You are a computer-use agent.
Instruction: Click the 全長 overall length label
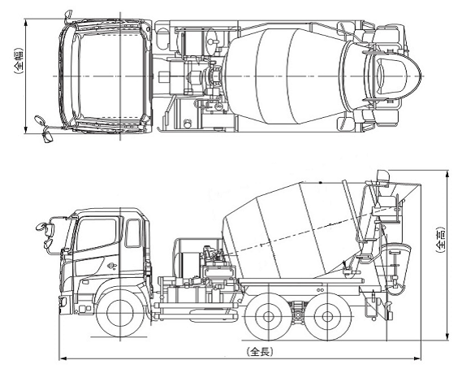[x=260, y=352]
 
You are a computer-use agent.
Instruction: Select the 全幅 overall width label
[x=19, y=61]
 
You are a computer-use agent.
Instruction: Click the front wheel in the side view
[x=120, y=313]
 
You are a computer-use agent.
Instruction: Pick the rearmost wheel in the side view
[x=327, y=316]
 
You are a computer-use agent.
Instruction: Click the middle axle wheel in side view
[x=268, y=316]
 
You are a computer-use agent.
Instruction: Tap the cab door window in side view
[x=96, y=234]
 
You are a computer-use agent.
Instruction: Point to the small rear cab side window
[x=132, y=233]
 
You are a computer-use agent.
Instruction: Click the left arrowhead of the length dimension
[x=63, y=358]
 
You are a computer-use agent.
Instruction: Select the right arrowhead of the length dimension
[x=417, y=358]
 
